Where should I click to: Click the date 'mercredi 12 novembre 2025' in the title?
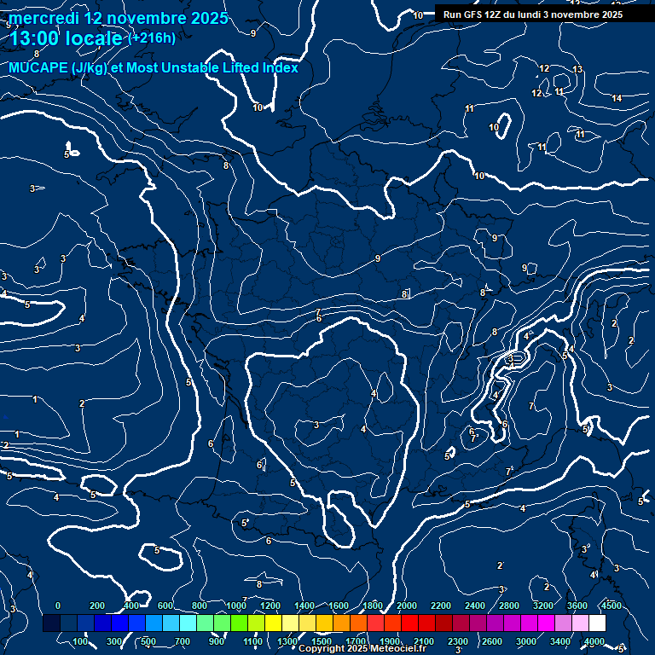(x=119, y=18)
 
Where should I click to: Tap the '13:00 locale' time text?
(x=66, y=38)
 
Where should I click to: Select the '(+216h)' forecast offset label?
(x=151, y=38)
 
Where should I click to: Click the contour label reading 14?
(x=617, y=99)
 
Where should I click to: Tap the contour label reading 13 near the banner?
(x=577, y=69)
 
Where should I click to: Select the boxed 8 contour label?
(x=404, y=294)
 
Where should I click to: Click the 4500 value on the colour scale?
(x=612, y=605)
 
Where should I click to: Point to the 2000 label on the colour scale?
(x=407, y=605)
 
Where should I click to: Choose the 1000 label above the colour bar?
(x=236, y=605)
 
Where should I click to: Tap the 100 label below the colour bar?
(x=80, y=641)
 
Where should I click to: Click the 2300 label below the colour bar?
(x=458, y=641)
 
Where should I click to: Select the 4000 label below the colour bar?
(x=594, y=641)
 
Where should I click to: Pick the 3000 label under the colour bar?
(x=526, y=641)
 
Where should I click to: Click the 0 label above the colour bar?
(x=58, y=605)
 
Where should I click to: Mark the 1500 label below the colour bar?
(x=322, y=641)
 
